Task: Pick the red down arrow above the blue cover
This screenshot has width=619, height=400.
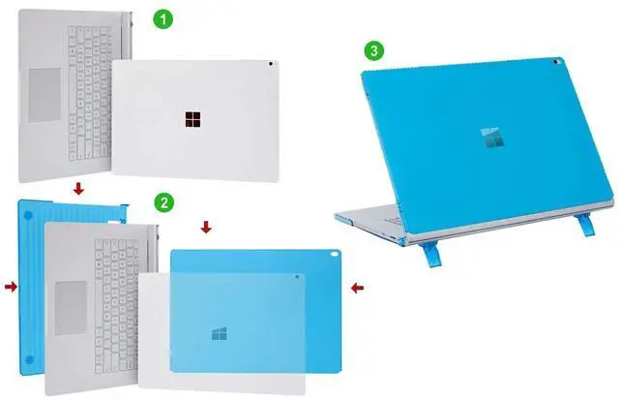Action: [x=204, y=228]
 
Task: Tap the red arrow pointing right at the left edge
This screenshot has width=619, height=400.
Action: [x=10, y=287]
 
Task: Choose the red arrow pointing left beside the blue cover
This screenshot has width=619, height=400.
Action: [x=357, y=287]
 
